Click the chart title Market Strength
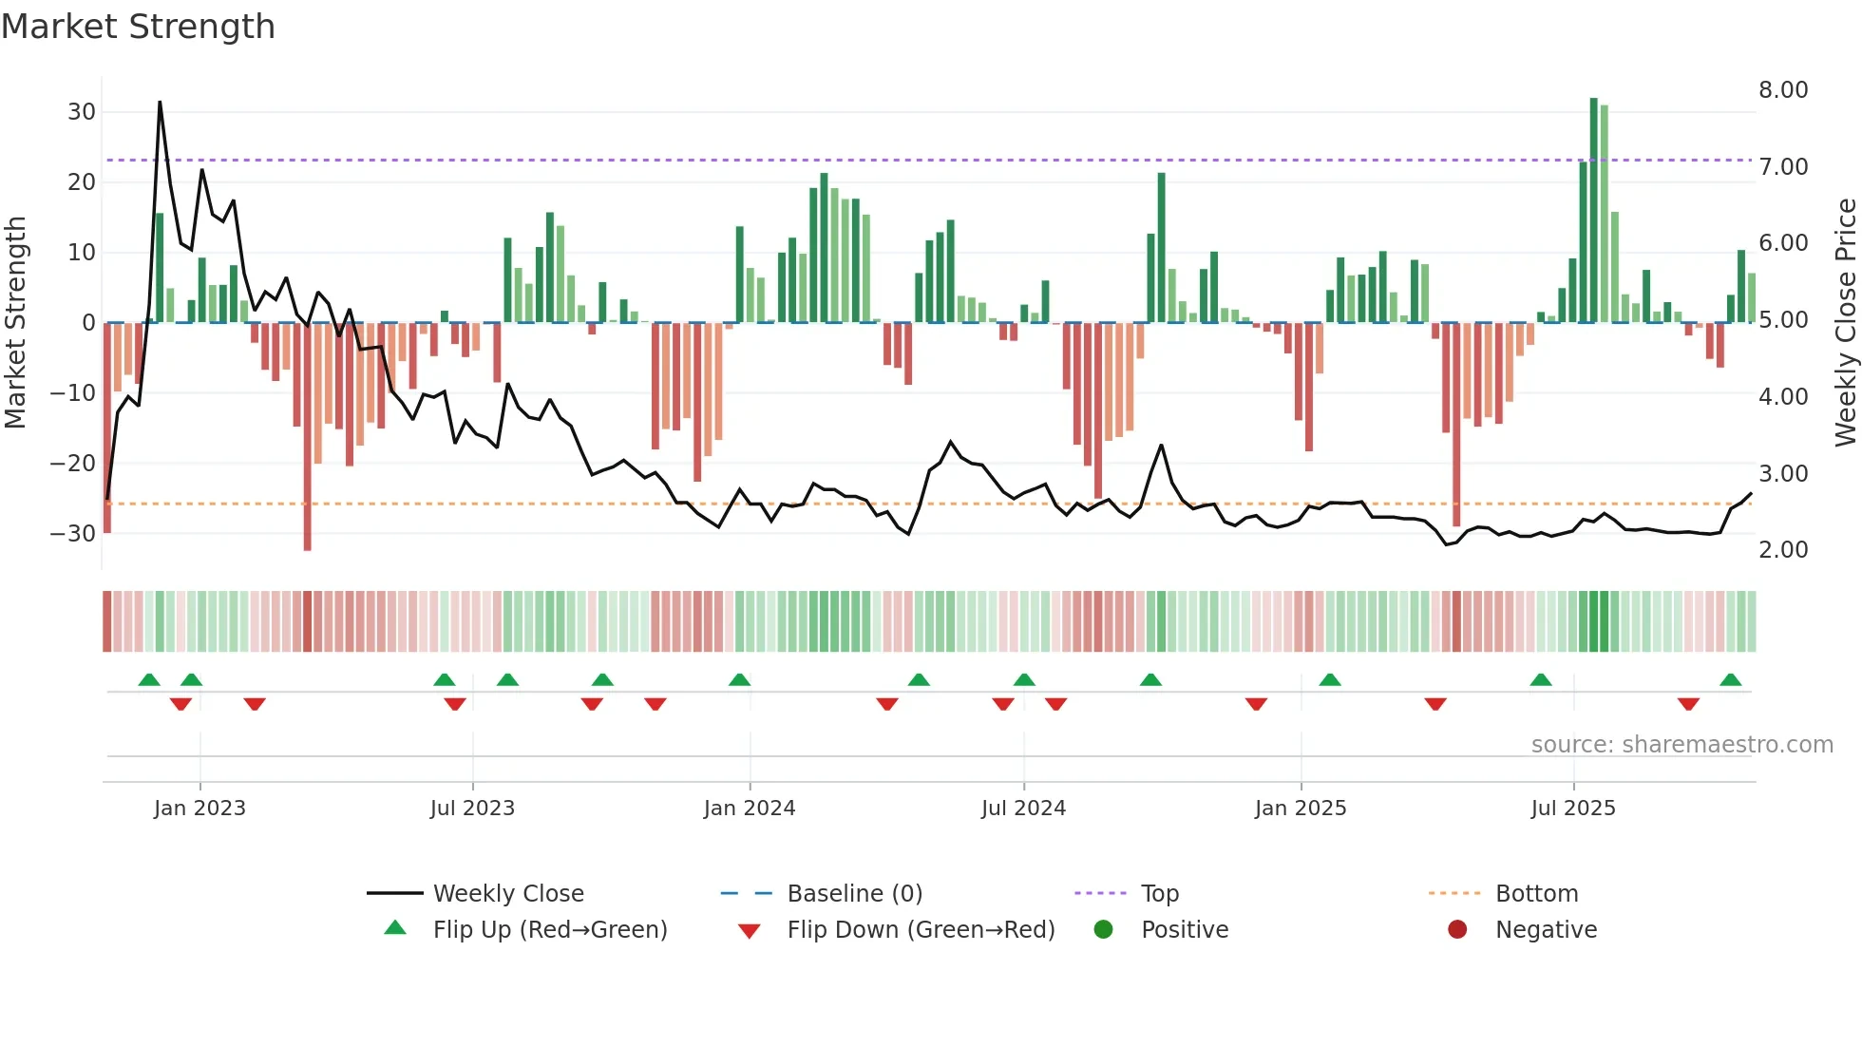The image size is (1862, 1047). pos(138,27)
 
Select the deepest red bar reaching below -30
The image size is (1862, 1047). pos(307,437)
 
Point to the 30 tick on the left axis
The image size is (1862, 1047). pos(82,112)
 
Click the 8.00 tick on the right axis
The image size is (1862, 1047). pos(1782,90)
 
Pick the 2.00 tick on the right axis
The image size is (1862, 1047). pos(1782,550)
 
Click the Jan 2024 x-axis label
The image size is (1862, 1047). pos(749,809)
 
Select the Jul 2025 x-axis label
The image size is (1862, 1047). pos(1572,809)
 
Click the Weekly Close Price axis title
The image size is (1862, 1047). pos(1845,323)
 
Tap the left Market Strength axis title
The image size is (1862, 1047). pos(15,323)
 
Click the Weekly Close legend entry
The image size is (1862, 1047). pos(507,894)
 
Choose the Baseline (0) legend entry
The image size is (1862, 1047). pos(854,894)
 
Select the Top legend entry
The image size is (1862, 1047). pos(1159,894)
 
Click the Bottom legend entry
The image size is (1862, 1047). pos(1536,894)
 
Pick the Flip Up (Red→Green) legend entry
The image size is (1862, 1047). pos(549,930)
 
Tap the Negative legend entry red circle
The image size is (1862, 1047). pos(1456,930)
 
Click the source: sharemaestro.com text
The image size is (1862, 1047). pos(1681,745)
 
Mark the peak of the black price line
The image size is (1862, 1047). pos(160,102)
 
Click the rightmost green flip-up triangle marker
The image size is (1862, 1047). pos(1730,680)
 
